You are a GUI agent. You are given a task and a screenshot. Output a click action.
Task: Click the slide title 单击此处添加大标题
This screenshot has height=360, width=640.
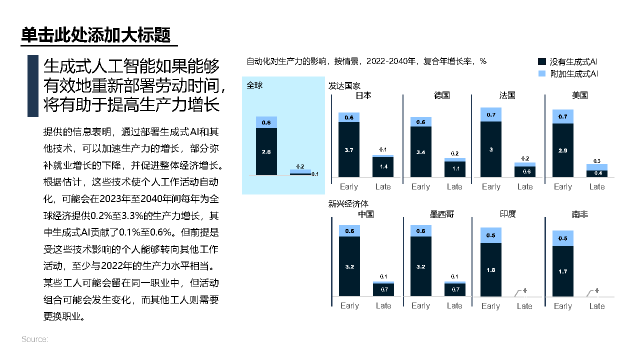coord(96,35)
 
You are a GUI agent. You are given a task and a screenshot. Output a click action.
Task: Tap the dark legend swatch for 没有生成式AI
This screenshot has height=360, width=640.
coord(542,62)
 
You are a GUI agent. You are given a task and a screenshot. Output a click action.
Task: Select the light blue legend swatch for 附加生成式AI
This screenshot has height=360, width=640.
coord(542,73)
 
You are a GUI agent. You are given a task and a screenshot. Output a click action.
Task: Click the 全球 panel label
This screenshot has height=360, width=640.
coord(254,85)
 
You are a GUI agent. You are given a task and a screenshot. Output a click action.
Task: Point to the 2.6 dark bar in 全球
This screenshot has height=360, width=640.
coord(266,151)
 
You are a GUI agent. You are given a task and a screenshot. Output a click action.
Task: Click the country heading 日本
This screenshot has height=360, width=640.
coord(363,95)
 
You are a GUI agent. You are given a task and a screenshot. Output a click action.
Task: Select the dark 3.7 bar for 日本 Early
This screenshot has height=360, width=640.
coord(349,149)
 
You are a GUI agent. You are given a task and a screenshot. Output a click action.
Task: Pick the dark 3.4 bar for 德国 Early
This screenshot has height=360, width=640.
coord(420,151)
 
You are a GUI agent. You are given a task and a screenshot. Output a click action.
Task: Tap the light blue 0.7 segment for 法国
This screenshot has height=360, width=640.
coord(491,114)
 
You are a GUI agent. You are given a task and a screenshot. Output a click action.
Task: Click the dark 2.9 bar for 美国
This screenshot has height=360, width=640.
coord(562,149)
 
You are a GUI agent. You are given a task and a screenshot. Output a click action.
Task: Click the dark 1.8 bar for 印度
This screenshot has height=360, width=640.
coord(491,270)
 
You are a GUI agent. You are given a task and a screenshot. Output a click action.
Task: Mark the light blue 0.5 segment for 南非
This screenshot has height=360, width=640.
coord(562,238)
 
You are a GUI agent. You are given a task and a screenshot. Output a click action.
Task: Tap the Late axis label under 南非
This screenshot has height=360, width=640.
coord(597,306)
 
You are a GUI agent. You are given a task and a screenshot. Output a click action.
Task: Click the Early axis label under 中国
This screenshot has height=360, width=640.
coord(349,305)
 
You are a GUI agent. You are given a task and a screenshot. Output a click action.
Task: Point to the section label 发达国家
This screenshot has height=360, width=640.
coord(344,85)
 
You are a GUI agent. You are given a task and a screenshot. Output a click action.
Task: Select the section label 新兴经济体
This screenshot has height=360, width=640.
coord(348,203)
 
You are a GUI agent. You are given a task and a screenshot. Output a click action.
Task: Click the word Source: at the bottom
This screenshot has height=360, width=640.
coord(34,339)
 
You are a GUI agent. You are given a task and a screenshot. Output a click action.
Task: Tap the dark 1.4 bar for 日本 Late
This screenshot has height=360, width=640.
coord(383,166)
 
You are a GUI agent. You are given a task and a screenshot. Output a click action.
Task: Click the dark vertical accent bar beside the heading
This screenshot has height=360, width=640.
coord(33,86)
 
